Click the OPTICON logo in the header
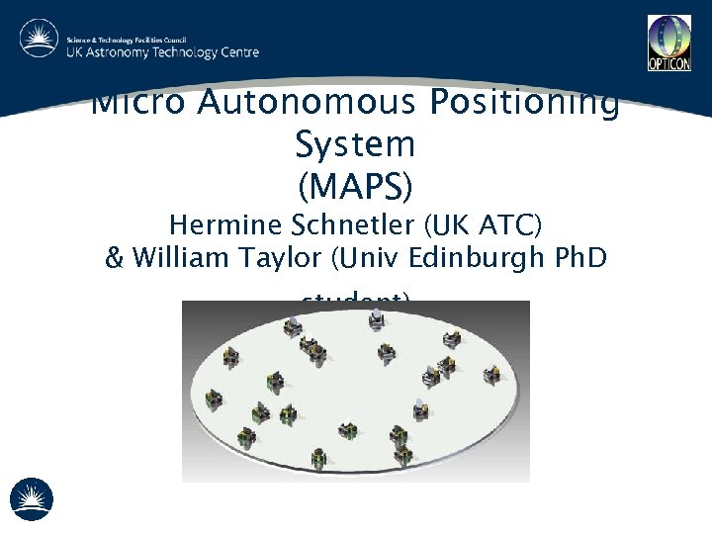coord(668,43)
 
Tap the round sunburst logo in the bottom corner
coord(32,498)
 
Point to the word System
coord(355,145)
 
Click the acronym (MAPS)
coord(355,185)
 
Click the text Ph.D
coord(578,260)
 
